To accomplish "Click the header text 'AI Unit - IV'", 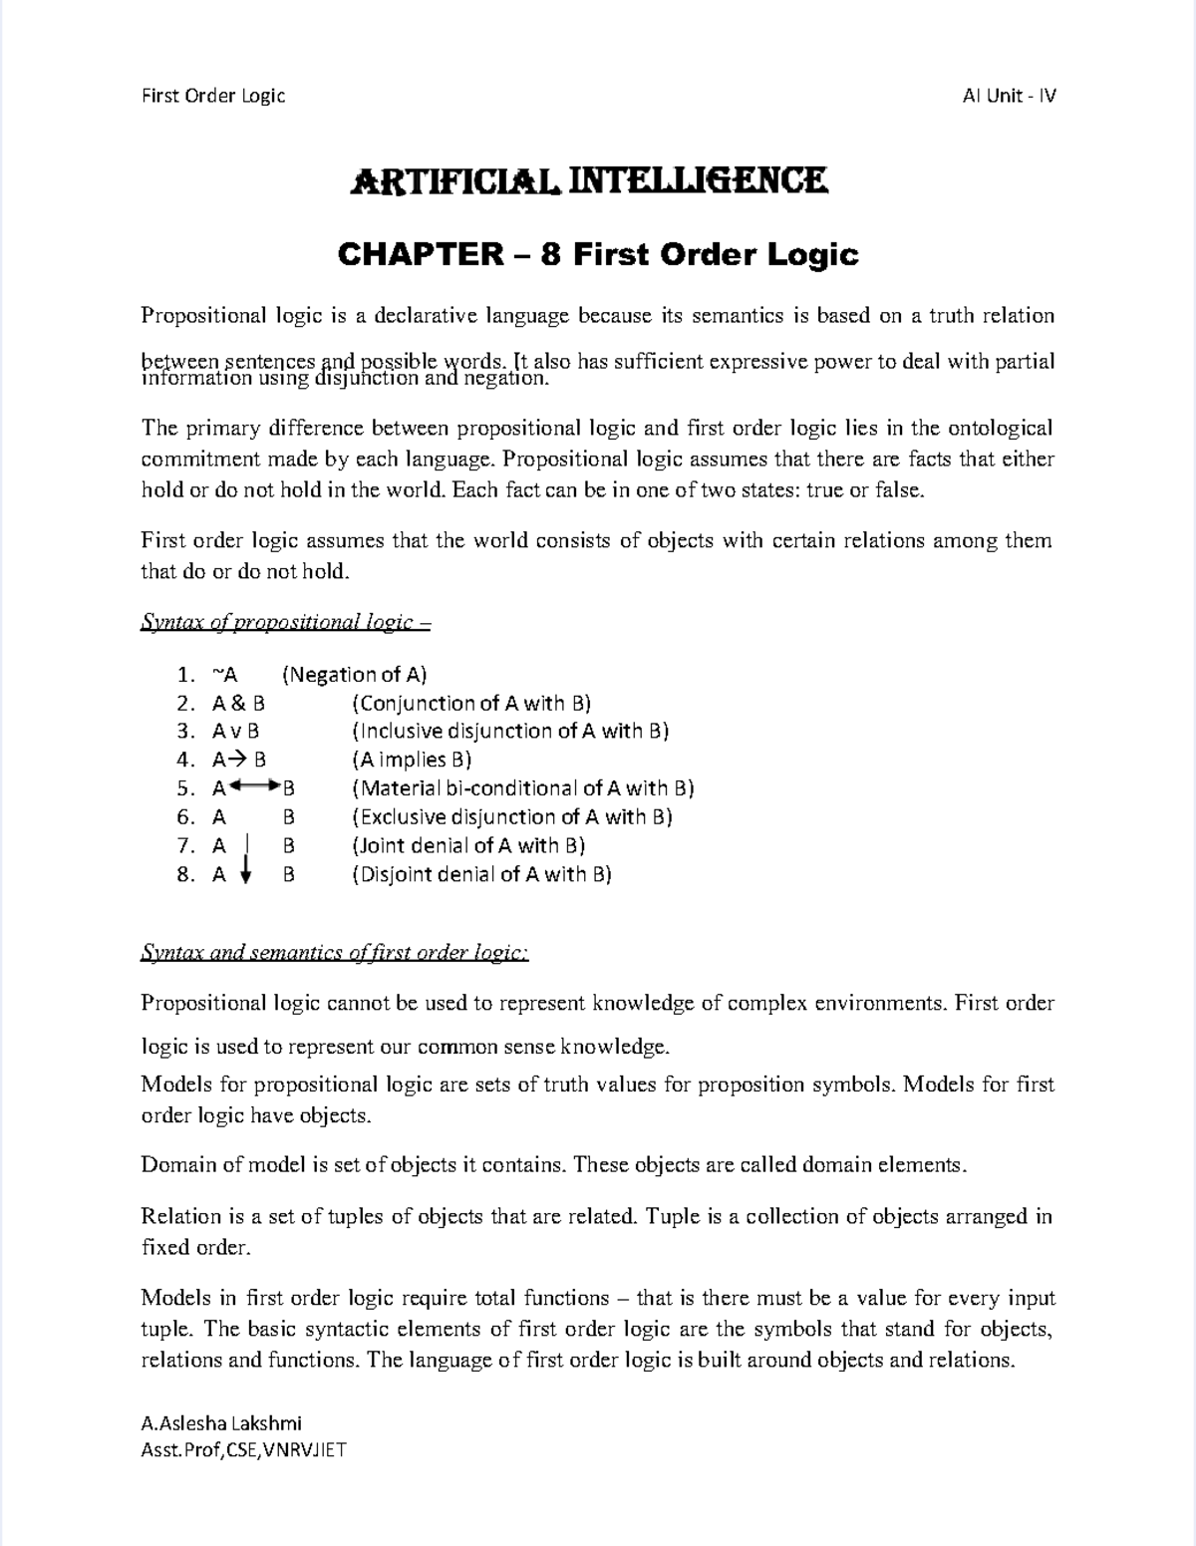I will [1009, 96].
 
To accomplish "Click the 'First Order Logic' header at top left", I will [213, 96].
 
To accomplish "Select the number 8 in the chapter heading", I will [550, 255].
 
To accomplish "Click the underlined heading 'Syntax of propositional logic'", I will [286, 623].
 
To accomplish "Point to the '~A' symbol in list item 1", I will [225, 675].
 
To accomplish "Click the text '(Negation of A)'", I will [355, 675].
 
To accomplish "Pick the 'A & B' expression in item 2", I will [238, 703].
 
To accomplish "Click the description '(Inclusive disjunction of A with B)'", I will [510, 731].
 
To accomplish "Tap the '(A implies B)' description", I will [412, 760].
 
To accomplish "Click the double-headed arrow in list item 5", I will [255, 787].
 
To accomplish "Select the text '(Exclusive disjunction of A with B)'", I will [512, 817].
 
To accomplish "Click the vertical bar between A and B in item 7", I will [247, 845].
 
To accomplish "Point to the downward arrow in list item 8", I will [247, 874].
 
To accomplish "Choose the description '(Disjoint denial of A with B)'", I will [481, 874].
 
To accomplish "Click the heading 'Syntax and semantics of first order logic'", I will [335, 953].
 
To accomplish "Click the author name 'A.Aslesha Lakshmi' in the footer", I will [221, 1423].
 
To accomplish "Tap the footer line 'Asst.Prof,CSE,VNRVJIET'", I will [243, 1449].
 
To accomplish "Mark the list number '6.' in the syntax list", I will [185, 817].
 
